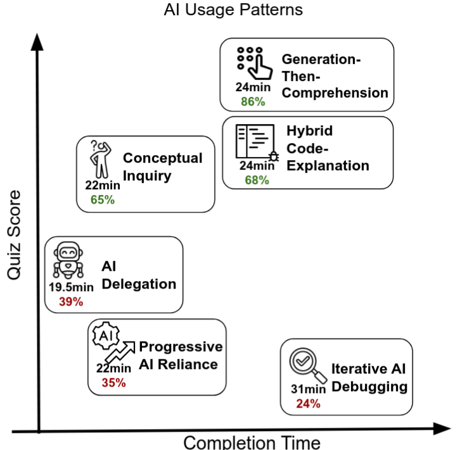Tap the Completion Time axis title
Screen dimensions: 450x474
(x=252, y=442)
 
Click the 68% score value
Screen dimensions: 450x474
(x=257, y=180)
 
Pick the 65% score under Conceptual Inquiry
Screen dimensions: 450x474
(x=101, y=199)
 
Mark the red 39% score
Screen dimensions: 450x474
(x=71, y=301)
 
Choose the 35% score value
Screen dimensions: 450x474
(x=114, y=382)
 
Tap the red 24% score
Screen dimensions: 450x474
(x=307, y=403)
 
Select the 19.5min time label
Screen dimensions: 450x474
(x=71, y=288)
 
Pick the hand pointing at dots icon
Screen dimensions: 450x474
(x=253, y=63)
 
